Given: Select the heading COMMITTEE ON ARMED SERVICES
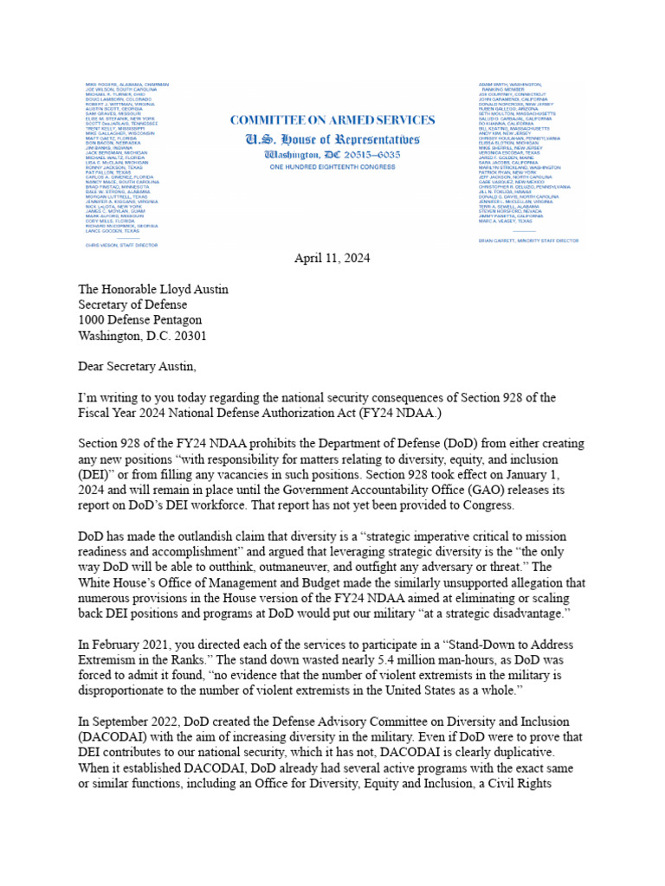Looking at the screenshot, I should click(332, 120).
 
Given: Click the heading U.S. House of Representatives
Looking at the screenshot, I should click(332, 138).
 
